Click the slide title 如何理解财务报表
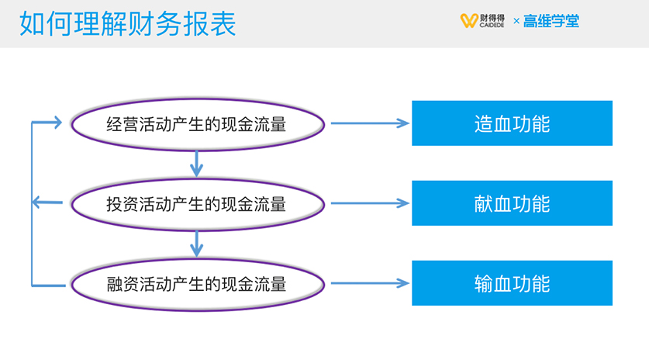(x=127, y=23)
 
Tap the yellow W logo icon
(x=469, y=21)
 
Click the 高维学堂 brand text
(x=551, y=21)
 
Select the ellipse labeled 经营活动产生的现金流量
(x=198, y=124)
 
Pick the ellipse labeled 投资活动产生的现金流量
(x=198, y=204)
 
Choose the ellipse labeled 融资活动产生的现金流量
(x=198, y=284)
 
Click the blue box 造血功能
(x=512, y=123)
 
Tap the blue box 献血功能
(x=512, y=203)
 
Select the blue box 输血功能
(x=512, y=283)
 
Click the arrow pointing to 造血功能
(x=370, y=123)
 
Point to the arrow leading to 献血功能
(x=370, y=203)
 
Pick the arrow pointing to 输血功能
(x=370, y=283)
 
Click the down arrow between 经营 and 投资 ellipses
(x=196, y=164)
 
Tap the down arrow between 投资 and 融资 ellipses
(x=196, y=244)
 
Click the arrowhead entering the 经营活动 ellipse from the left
(x=57, y=123)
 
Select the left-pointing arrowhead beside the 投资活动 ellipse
(x=37, y=202)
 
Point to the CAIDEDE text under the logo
(x=492, y=26)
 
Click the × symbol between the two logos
(x=516, y=21)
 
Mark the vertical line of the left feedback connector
(x=32, y=204)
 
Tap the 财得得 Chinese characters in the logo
(x=492, y=18)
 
